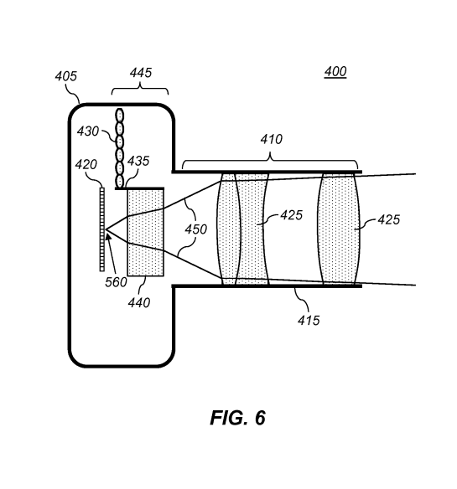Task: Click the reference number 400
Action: point(335,72)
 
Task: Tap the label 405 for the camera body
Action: point(66,76)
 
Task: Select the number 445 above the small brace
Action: point(140,74)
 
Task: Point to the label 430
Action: point(87,131)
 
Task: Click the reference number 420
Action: point(86,165)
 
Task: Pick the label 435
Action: point(138,161)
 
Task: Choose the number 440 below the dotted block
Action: point(139,303)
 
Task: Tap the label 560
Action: point(117,282)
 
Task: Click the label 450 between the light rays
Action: point(195,229)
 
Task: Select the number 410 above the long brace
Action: point(271,140)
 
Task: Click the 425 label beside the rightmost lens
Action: point(388,220)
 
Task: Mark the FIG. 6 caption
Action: point(237,419)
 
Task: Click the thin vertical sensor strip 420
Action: point(102,228)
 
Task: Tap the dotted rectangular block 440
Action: point(145,232)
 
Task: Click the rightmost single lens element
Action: point(339,229)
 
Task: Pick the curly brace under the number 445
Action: point(140,90)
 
